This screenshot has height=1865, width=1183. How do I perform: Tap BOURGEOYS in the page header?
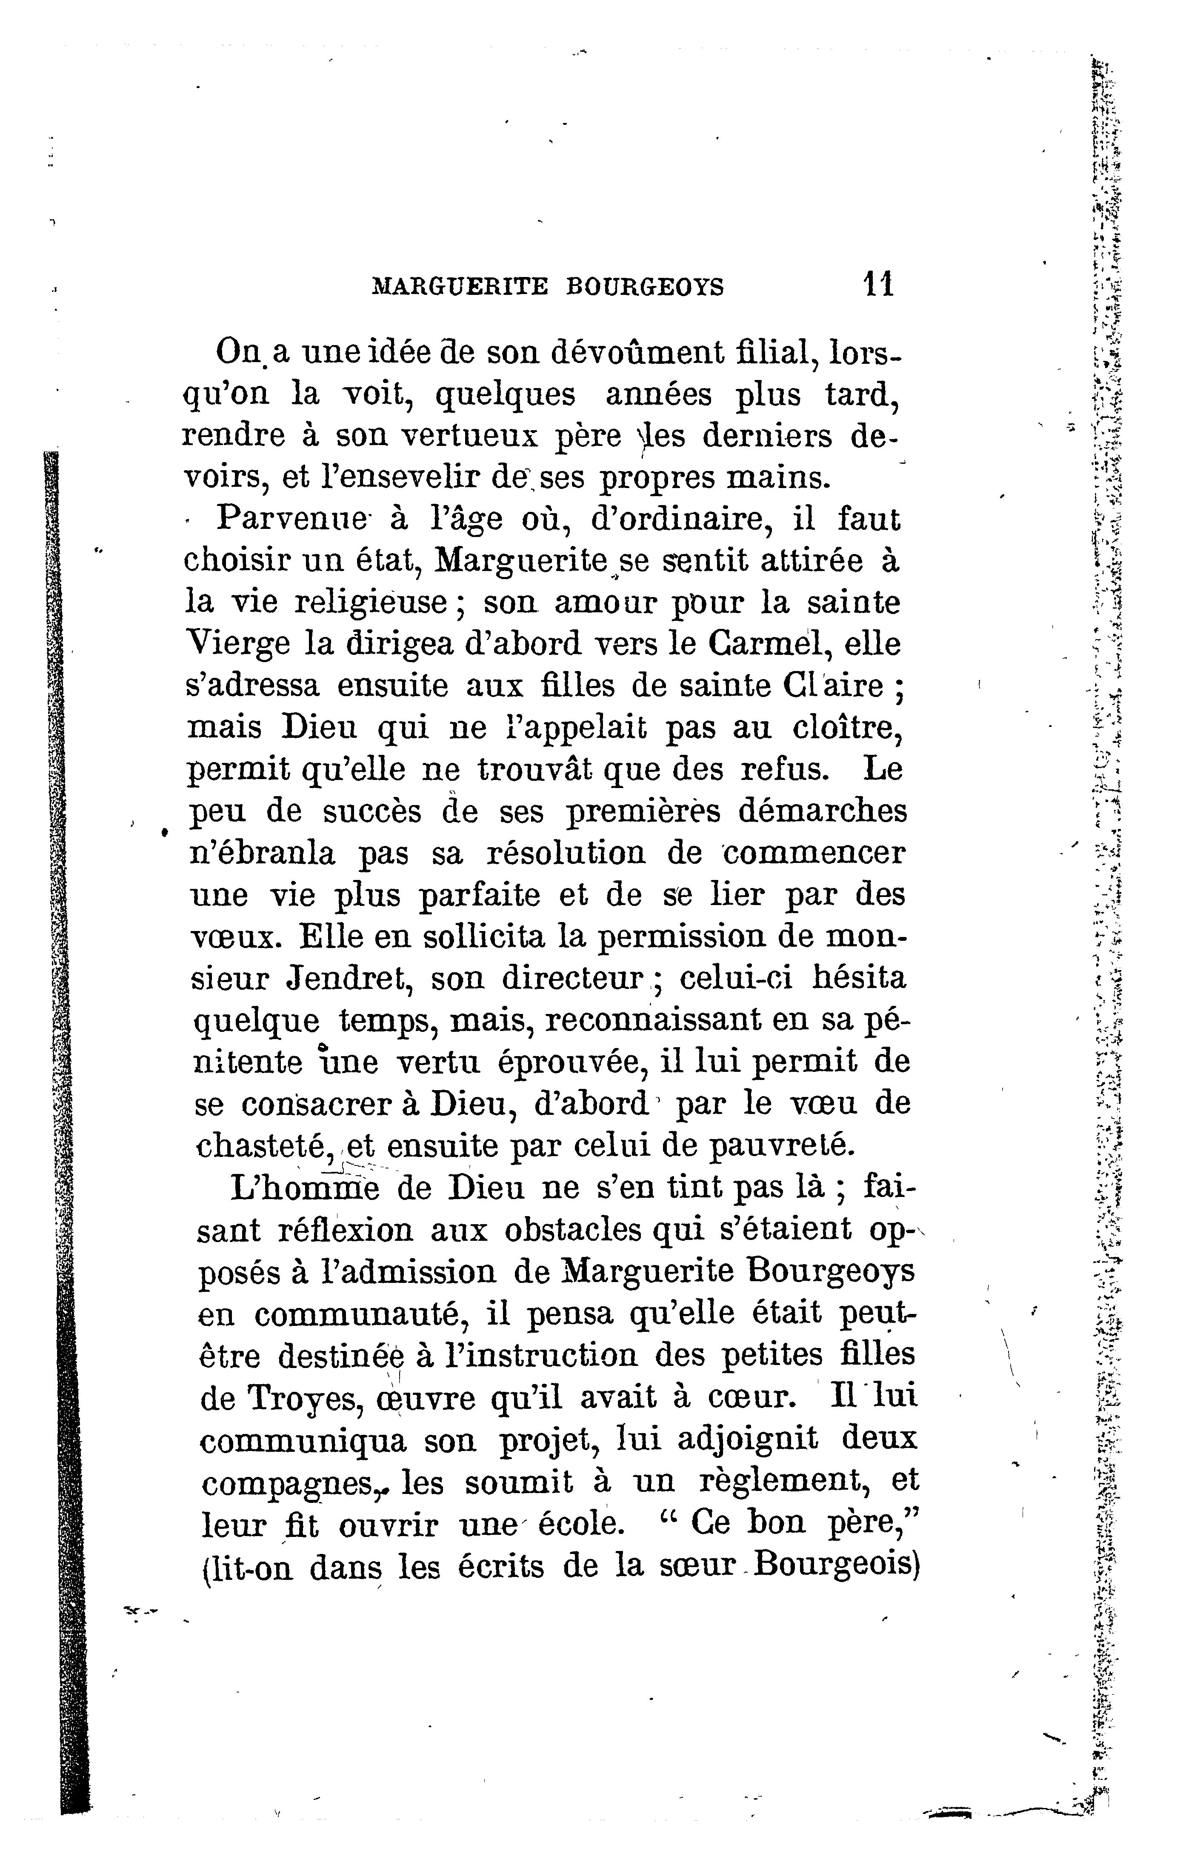(646, 287)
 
